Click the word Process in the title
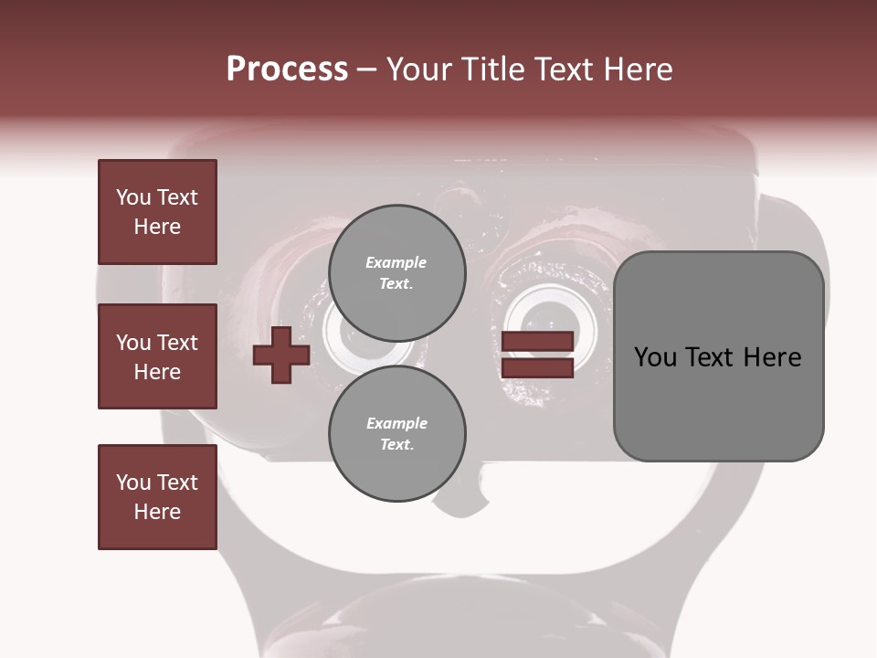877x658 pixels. click(287, 69)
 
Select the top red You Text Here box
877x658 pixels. click(157, 212)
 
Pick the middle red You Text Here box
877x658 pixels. click(157, 356)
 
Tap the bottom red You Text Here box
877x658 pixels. click(157, 497)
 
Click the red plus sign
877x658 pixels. click(281, 356)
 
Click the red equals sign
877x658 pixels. click(537, 355)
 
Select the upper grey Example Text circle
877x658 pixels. click(396, 272)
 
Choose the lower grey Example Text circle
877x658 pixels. click(396, 434)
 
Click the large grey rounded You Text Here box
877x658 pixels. click(718, 356)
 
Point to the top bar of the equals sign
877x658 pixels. click(537, 342)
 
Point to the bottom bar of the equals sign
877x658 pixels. click(537, 368)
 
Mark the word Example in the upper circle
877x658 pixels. click(396, 262)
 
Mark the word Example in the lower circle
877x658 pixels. click(396, 423)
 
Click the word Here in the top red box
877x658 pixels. click(157, 227)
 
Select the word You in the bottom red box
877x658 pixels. click(133, 483)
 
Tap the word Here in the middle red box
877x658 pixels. click(157, 372)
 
